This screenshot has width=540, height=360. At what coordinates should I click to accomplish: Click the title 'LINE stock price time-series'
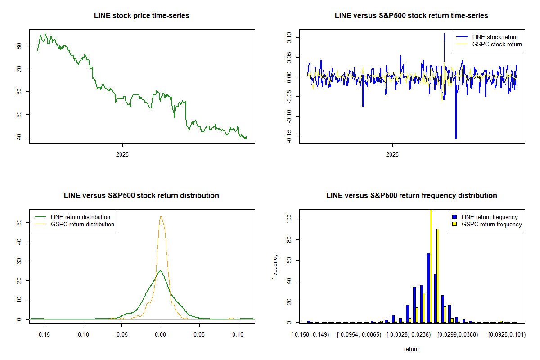[x=142, y=16]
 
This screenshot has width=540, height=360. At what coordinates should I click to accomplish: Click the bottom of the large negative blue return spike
[x=456, y=139]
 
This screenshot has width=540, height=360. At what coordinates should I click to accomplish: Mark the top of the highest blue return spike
[x=445, y=34]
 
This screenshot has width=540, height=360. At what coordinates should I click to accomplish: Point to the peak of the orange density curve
[x=161, y=216]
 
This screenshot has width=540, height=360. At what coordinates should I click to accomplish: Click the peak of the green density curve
[x=160, y=271]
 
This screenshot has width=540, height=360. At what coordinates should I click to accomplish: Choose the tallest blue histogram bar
[x=428, y=288]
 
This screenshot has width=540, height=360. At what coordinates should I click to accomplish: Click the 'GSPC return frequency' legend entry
[x=491, y=224]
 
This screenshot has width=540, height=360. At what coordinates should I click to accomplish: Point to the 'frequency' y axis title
[x=275, y=267]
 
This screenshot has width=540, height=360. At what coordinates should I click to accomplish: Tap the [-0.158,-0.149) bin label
[x=310, y=335]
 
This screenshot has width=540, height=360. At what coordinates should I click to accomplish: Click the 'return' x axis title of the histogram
[x=411, y=349]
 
